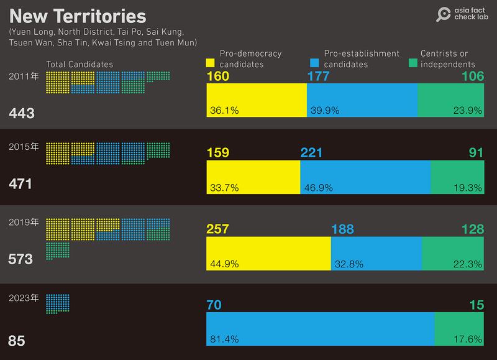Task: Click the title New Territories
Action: pos(78,16)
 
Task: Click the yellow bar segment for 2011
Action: pos(256,99)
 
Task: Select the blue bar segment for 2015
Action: pos(365,177)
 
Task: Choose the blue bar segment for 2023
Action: pos(320,330)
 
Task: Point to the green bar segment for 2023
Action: pos(459,330)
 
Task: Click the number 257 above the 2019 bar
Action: pos(217,230)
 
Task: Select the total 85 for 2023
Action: pos(16,341)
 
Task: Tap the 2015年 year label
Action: pos(24,147)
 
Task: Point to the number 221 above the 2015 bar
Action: pos(311,153)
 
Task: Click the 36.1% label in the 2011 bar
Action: pos(224,111)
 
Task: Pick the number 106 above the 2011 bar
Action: pos(471,76)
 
